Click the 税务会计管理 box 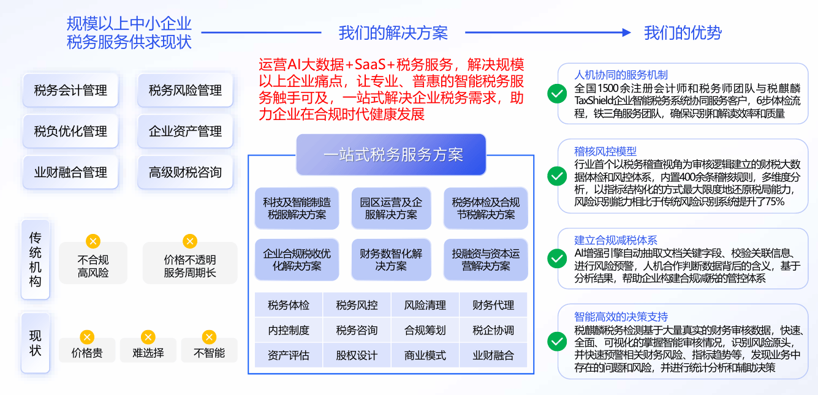(x=70, y=91)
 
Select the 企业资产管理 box (x=185, y=131)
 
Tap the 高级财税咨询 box (x=185, y=172)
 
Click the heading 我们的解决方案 (x=393, y=33)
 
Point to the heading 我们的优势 (x=683, y=33)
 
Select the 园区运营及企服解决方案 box (x=391, y=208)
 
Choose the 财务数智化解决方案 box (x=391, y=260)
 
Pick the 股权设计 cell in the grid (x=357, y=355)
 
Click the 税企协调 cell (x=493, y=330)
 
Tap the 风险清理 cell (x=425, y=305)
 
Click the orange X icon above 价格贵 (x=87, y=337)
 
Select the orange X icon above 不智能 (x=209, y=337)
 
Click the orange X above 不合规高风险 (x=93, y=241)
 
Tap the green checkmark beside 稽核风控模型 (x=556, y=176)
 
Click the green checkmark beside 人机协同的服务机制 (x=556, y=93)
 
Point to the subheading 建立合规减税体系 (x=615, y=240)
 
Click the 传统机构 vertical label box (x=35, y=260)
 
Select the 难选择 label (x=148, y=353)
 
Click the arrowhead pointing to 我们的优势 (x=626, y=32)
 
